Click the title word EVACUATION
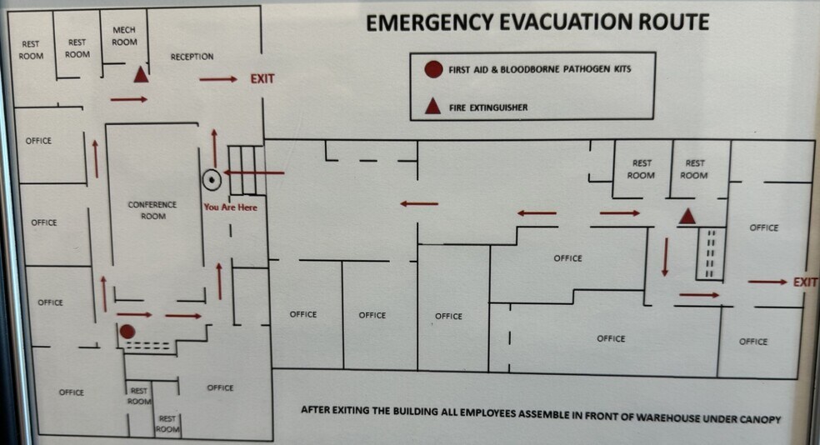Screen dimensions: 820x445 coord(565,22)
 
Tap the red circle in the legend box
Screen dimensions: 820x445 coord(433,69)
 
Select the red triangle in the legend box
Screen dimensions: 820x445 coord(432,106)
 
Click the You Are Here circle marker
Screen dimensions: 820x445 coord(212,180)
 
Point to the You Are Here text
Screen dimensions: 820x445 coord(231,207)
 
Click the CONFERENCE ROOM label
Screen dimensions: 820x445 coord(152,210)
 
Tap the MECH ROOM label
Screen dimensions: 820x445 coord(124,36)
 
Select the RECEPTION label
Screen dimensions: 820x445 coord(192,57)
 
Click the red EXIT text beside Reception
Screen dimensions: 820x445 coord(262,79)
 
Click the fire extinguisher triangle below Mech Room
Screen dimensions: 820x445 coord(141,75)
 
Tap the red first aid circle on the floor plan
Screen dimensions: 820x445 coord(127,332)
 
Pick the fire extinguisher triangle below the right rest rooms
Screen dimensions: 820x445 coord(687,216)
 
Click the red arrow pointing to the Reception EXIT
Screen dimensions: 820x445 coord(218,79)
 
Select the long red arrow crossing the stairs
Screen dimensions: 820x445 coord(254,172)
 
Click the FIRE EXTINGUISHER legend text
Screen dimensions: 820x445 coord(488,107)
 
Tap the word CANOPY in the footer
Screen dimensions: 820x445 coord(760,419)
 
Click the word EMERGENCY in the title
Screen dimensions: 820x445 coord(429,23)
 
